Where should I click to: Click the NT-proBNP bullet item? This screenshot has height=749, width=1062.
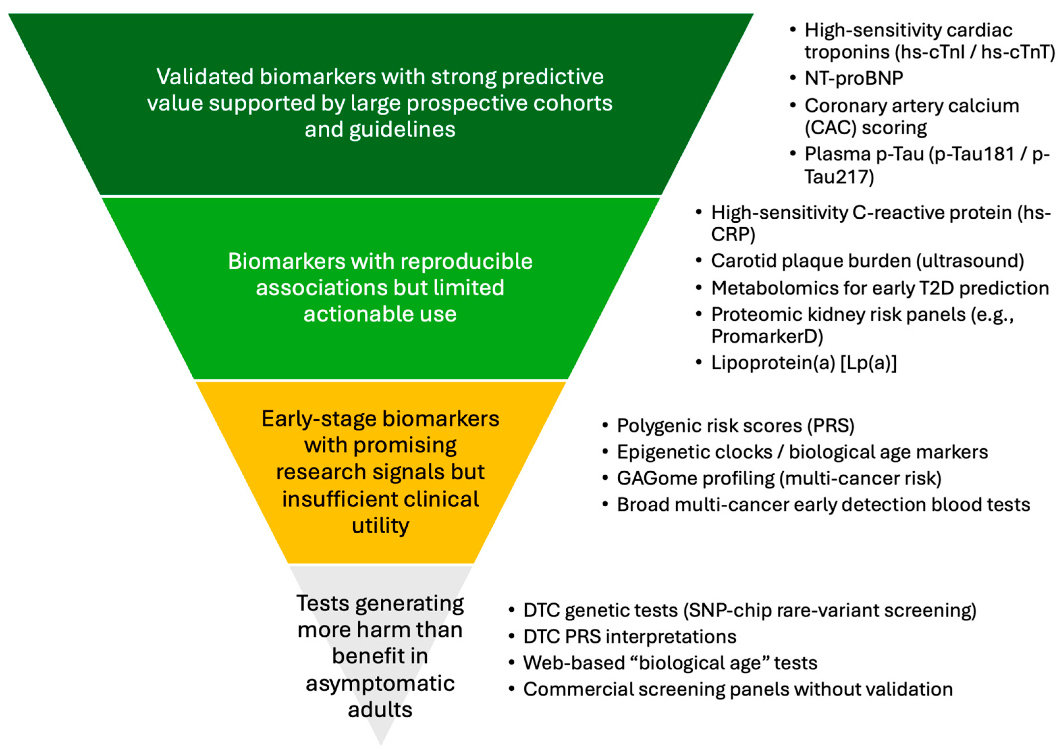(854, 78)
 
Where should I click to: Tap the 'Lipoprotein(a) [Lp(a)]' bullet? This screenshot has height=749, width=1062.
(803, 363)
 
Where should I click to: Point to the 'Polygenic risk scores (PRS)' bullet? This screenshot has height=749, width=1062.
(735, 426)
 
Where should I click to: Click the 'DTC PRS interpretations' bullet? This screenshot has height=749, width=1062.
(630, 637)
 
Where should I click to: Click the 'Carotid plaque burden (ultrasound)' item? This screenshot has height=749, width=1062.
(867, 261)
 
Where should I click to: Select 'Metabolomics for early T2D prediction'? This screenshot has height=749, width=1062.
(880, 288)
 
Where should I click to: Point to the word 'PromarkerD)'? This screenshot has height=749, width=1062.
(767, 336)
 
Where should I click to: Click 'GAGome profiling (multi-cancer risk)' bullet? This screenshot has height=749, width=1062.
(779, 478)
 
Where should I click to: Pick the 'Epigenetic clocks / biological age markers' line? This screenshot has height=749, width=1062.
(802, 452)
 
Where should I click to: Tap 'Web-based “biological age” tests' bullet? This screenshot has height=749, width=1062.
(670, 663)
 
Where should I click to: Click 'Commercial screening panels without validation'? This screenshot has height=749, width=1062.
(738, 689)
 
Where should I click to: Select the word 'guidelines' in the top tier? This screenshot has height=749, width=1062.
(402, 129)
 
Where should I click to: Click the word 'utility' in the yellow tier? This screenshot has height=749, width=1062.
(380, 526)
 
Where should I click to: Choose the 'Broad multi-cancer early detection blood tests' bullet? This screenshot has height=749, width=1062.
(823, 505)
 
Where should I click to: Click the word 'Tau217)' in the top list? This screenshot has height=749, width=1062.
(839, 177)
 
